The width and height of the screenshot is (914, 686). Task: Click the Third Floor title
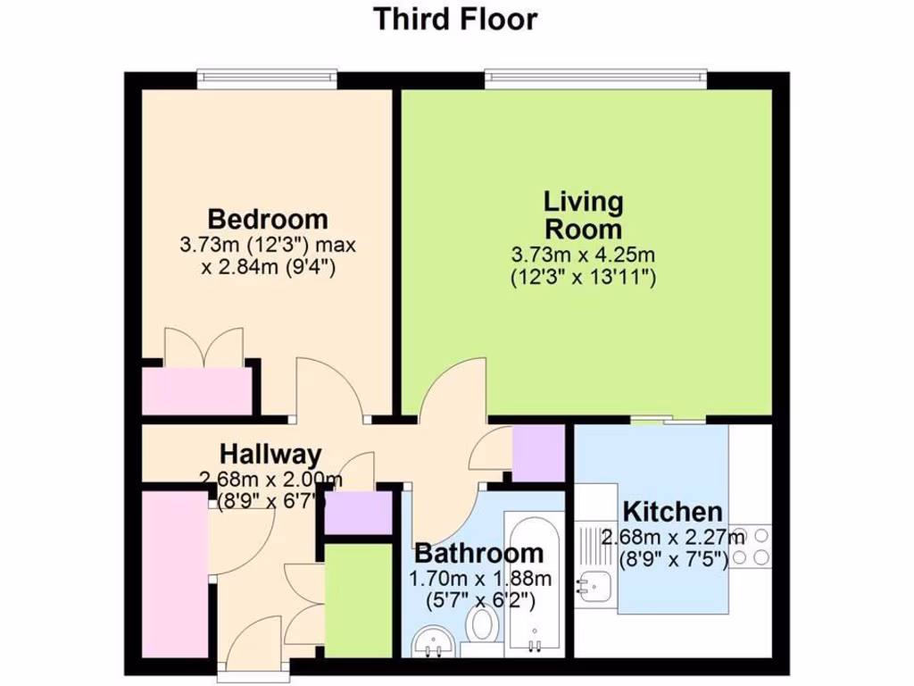click(456, 19)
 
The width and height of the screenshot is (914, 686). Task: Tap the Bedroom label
click(268, 219)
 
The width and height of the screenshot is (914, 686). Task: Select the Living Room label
click(584, 215)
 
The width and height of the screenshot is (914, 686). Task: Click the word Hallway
click(271, 456)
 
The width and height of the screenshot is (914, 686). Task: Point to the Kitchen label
click(672, 513)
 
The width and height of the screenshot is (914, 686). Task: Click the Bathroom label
click(478, 554)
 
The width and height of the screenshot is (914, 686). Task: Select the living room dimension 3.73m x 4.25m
click(584, 255)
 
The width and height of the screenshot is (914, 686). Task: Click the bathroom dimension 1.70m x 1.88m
click(479, 579)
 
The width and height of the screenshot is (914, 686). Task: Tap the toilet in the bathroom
click(484, 626)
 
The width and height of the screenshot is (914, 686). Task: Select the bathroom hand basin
click(434, 641)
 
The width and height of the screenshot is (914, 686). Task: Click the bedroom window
click(267, 79)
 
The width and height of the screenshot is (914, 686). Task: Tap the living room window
click(596, 79)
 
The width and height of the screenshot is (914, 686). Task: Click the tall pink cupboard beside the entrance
click(175, 572)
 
